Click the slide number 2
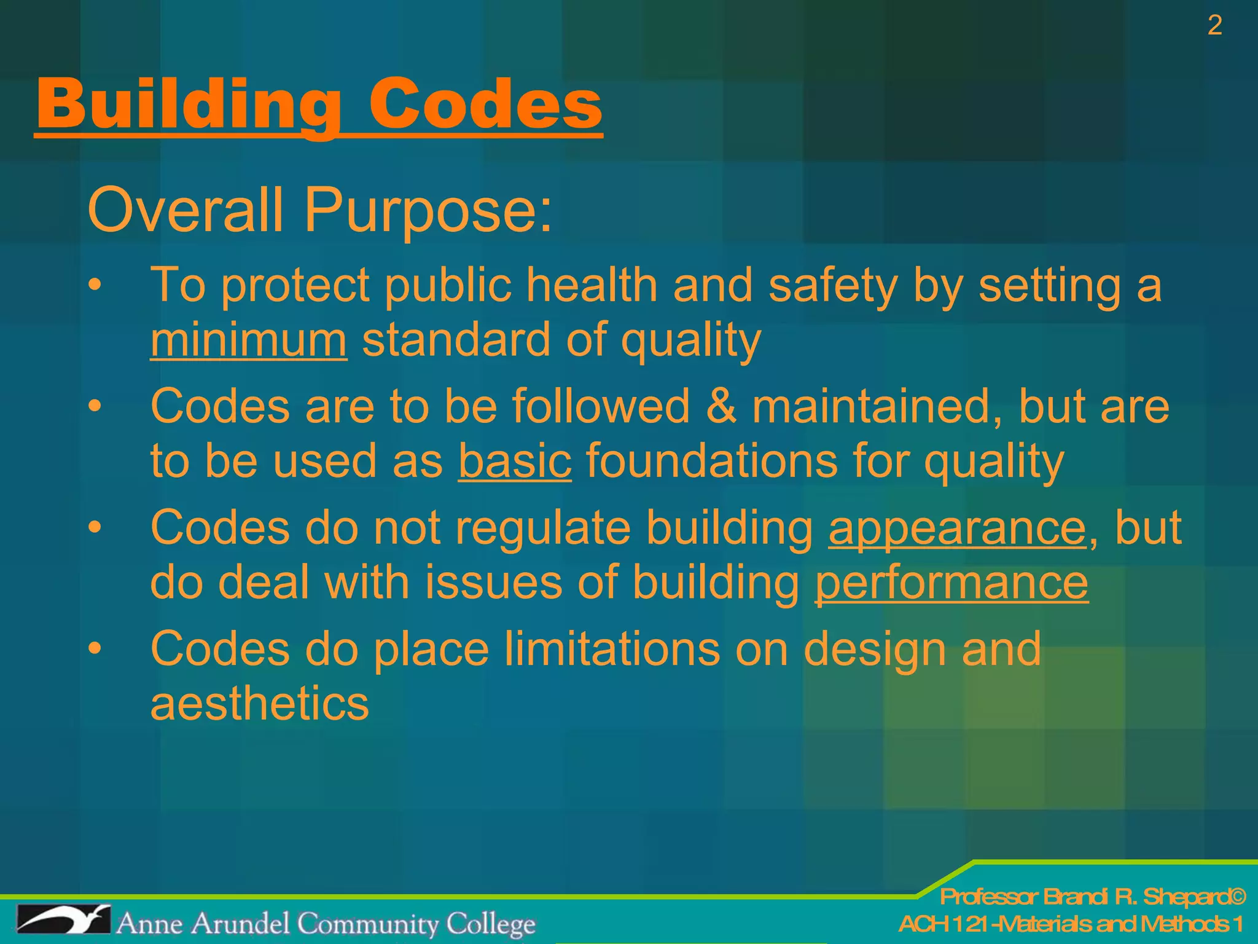1214,25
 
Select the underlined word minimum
249,340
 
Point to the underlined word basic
515,461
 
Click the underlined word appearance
957,527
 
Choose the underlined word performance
951,582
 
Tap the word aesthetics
260,703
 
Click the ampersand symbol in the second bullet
721,406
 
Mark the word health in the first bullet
592,285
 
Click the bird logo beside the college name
63,921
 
